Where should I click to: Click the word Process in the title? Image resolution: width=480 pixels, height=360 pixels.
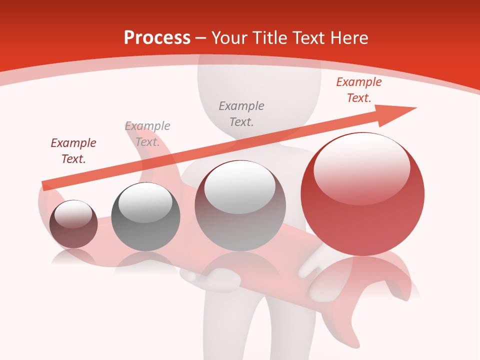(x=157, y=38)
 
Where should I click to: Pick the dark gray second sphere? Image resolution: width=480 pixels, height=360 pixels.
(x=145, y=217)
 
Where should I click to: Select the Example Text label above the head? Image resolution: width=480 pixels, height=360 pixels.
(x=241, y=113)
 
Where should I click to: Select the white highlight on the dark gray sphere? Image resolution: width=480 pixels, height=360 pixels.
(x=145, y=202)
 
